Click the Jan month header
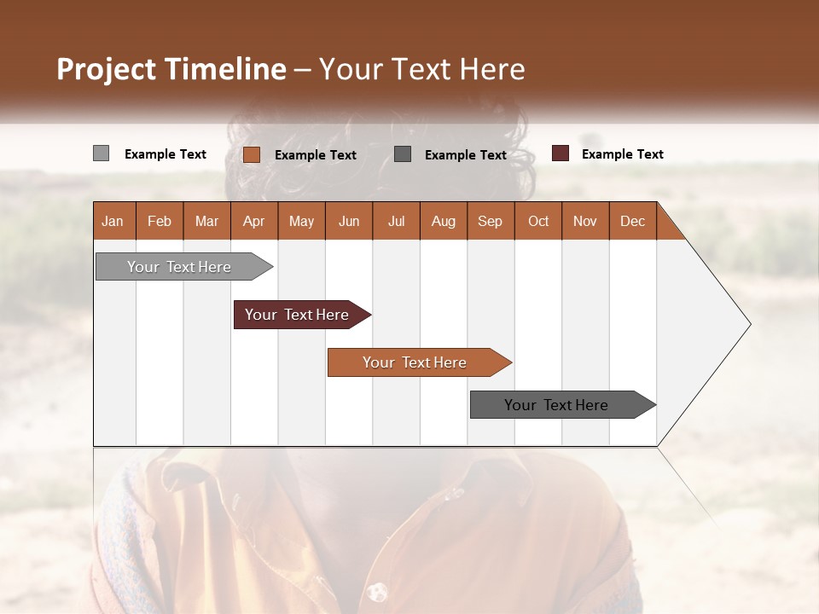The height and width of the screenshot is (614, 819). [x=113, y=221]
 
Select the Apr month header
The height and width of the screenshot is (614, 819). [x=254, y=221]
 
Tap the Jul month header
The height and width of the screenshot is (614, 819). [x=396, y=221]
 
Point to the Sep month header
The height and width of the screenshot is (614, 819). [x=490, y=221]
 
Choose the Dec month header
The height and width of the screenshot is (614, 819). [x=632, y=221]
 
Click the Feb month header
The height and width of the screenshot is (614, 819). [x=160, y=221]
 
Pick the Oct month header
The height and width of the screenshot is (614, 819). [x=538, y=221]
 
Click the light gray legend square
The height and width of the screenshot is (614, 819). [x=101, y=153]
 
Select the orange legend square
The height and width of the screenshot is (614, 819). [x=251, y=154]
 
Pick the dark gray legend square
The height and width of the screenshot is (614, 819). [x=403, y=153]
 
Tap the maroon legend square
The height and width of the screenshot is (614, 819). [x=560, y=153]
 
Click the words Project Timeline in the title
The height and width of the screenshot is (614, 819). [x=171, y=69]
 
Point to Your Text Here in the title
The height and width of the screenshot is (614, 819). [x=421, y=69]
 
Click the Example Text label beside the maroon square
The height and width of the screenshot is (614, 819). [x=622, y=154]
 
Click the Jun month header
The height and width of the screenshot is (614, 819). [x=349, y=221]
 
